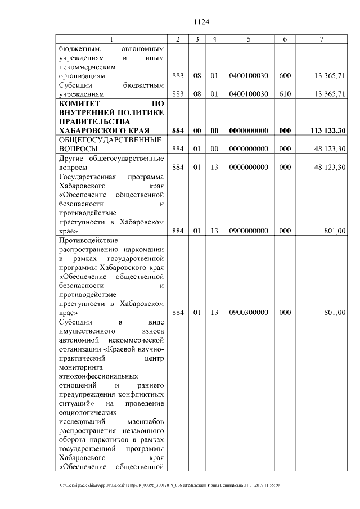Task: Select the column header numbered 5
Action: pos(248,39)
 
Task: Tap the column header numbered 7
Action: pos(321,39)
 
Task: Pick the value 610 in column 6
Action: pos(285,94)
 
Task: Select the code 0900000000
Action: pos(248,231)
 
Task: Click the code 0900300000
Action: pos(248,313)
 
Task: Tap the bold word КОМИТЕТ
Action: pos(79,103)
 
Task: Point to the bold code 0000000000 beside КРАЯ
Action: pos(248,130)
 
